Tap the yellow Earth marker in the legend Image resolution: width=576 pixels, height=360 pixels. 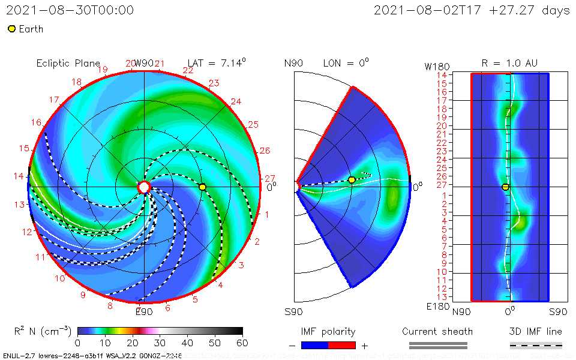coord(11,29)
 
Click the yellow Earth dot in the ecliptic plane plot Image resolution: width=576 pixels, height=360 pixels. coord(202,187)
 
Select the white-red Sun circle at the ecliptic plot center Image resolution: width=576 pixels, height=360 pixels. coord(144,187)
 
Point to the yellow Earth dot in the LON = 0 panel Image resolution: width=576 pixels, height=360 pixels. coord(352,179)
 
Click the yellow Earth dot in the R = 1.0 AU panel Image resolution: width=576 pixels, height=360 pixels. coord(505,187)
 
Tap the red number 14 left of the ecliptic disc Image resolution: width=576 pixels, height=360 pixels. coord(20,176)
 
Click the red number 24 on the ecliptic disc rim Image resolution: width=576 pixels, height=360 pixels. coord(236,101)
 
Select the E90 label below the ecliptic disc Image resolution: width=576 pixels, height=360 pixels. coord(144,311)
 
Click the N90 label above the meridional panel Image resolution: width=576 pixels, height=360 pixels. coord(293,63)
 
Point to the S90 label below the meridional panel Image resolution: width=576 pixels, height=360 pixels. coord(293,312)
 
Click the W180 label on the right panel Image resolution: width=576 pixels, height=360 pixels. coord(436,65)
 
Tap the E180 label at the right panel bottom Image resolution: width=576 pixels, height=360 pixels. coord(436,307)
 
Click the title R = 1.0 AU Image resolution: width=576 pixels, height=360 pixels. coord(509,63)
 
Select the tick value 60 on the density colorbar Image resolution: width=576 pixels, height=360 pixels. coord(242,343)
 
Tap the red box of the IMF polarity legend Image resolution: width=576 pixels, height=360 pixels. coord(342,345)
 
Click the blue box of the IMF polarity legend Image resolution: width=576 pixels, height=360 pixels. coord(315,345)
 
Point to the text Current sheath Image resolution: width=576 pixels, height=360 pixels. coord(437,331)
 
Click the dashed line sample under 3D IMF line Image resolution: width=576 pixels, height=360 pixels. coord(536,345)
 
